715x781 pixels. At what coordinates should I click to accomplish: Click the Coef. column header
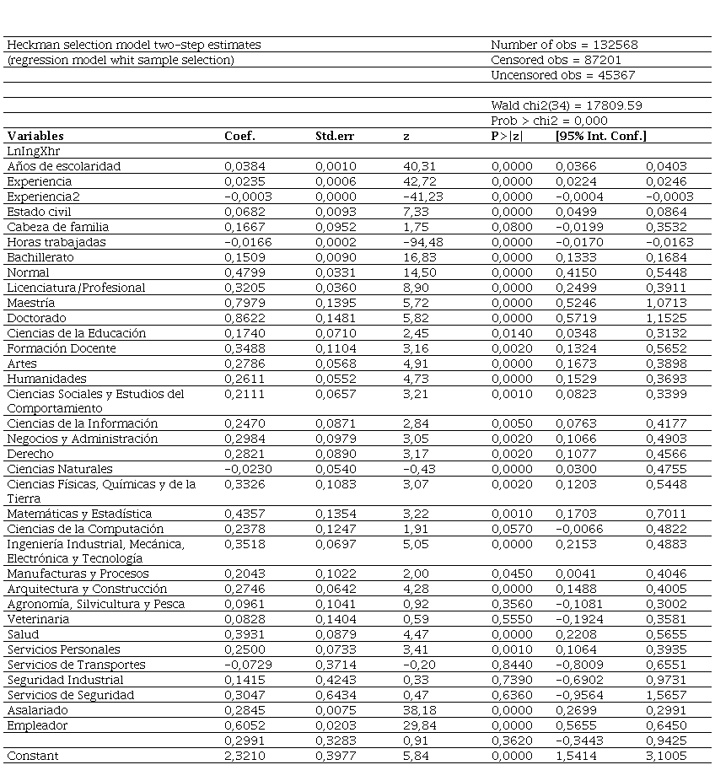pyautogui.click(x=239, y=136)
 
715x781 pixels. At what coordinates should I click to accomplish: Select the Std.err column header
pyautogui.click(x=336, y=136)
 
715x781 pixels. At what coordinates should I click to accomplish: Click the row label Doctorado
pyautogui.click(x=34, y=318)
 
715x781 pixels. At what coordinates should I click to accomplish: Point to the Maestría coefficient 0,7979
pyautogui.click(x=241, y=303)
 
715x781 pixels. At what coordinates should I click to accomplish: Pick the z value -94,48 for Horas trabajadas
pyautogui.click(x=422, y=242)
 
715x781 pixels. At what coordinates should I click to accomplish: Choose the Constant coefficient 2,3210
pyautogui.click(x=241, y=756)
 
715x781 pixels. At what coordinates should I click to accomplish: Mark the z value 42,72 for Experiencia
pyautogui.click(x=421, y=181)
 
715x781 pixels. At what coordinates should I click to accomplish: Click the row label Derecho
pyautogui.click(x=30, y=454)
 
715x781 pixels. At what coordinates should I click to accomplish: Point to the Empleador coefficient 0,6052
pyautogui.click(x=241, y=725)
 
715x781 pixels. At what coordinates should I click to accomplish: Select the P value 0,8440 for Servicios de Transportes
pyautogui.click(x=512, y=665)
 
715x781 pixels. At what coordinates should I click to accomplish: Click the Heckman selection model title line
pyautogui.click(x=134, y=45)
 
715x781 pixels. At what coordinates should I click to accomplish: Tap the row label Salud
pyautogui.click(x=23, y=634)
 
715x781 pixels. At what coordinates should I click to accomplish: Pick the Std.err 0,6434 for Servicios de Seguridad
pyautogui.click(x=333, y=695)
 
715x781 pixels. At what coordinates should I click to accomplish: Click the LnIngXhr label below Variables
pyautogui.click(x=30, y=151)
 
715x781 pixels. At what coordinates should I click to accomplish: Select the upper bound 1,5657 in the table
pyautogui.click(x=666, y=695)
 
